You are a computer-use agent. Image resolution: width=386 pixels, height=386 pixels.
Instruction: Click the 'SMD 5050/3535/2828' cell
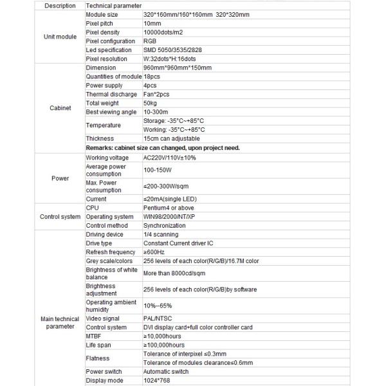click(x=175, y=50)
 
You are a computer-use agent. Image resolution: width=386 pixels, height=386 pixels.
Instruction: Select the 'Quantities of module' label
click(x=113, y=77)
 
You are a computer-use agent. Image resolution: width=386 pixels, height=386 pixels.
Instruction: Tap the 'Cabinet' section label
click(x=60, y=108)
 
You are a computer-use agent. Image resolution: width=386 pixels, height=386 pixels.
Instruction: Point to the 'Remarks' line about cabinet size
click(x=162, y=147)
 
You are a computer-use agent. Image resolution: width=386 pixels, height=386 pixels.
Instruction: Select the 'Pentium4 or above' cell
click(x=169, y=208)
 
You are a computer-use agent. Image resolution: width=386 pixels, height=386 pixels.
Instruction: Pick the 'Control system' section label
click(x=60, y=217)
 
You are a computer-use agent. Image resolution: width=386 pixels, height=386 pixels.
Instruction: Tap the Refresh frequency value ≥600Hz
click(x=154, y=252)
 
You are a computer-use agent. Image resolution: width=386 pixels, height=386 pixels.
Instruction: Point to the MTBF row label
click(x=94, y=336)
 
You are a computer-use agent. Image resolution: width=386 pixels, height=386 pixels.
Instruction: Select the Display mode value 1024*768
click(x=156, y=380)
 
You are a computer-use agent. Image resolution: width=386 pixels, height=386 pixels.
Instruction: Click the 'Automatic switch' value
click(x=167, y=371)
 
